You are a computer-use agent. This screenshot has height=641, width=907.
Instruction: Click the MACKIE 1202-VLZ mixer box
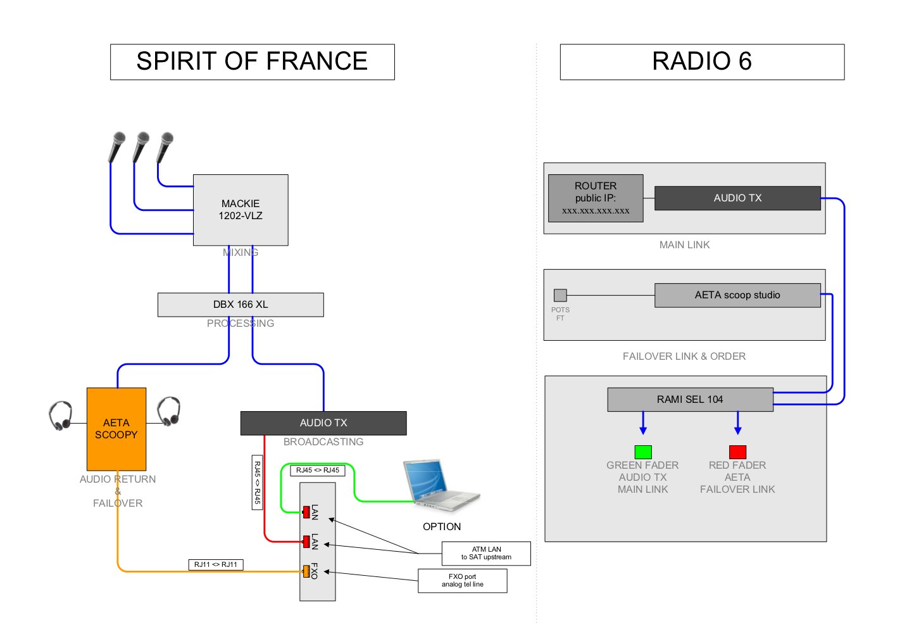(x=241, y=210)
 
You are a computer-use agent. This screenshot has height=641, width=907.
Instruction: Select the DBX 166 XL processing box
(x=241, y=305)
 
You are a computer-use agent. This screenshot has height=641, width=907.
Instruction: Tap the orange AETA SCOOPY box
(x=116, y=429)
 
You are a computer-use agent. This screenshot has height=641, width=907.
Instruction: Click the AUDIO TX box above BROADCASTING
(x=323, y=423)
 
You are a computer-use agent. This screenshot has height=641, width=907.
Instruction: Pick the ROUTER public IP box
(x=596, y=198)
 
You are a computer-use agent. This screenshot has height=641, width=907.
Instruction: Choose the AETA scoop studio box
(x=737, y=295)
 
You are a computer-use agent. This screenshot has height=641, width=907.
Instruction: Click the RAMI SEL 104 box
(x=690, y=400)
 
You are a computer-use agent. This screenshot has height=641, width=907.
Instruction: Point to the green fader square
(x=643, y=452)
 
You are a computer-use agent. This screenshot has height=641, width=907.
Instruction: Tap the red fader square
(x=737, y=452)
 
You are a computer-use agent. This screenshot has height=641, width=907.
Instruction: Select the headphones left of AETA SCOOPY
(x=61, y=416)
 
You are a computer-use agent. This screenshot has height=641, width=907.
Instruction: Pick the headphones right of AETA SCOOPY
(x=169, y=412)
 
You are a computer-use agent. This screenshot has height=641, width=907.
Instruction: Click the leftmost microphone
(x=117, y=147)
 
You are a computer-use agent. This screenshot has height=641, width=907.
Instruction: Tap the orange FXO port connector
(x=306, y=571)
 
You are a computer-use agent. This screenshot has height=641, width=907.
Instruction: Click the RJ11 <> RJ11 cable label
(x=216, y=564)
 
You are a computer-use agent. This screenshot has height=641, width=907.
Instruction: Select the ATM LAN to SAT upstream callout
(x=486, y=554)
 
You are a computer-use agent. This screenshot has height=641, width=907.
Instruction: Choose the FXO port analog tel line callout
(x=463, y=581)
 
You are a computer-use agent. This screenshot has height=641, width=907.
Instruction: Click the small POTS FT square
(x=560, y=295)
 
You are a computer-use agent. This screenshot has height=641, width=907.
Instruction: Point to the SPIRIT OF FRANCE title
(x=252, y=61)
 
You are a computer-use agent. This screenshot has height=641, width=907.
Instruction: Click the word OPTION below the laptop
(x=442, y=527)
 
